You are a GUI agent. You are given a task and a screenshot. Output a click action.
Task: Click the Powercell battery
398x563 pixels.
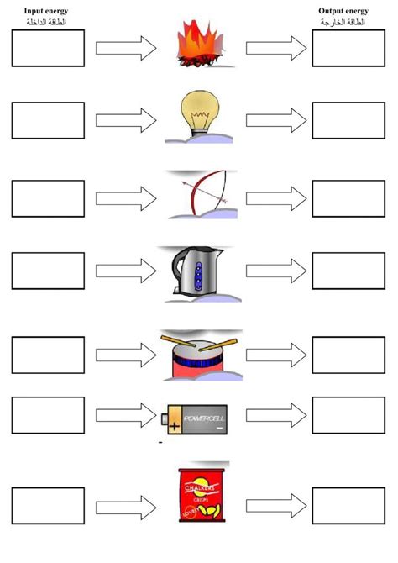point(195,418)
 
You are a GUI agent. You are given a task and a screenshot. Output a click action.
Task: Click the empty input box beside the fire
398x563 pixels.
point(48,48)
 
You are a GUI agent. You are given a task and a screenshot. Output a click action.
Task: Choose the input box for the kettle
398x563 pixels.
point(48,271)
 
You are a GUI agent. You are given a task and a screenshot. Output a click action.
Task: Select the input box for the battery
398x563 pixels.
point(48,414)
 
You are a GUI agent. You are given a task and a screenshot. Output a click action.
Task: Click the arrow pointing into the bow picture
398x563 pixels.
point(126,198)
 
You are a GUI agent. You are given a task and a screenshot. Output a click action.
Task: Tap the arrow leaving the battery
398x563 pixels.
point(275,414)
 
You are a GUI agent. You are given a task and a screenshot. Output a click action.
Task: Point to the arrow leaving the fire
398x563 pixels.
point(275,48)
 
